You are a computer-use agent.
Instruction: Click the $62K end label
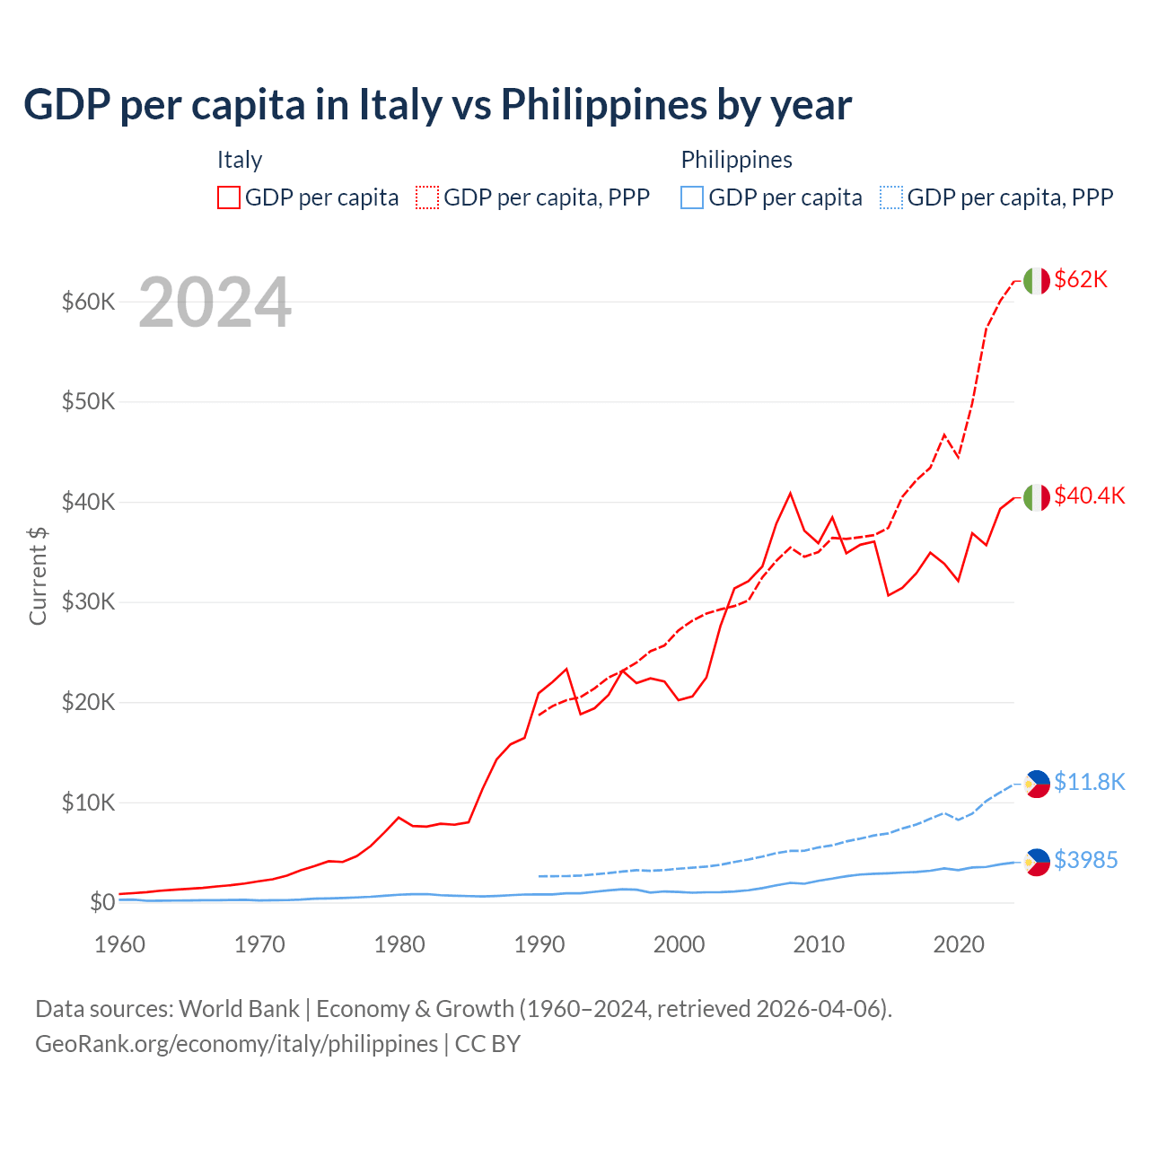[x=1081, y=280]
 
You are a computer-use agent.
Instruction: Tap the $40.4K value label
[x=1089, y=496]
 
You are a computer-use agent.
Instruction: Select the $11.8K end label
[x=1089, y=783]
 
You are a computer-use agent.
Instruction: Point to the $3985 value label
[x=1085, y=861]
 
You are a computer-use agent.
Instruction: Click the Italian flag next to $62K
[x=1036, y=281]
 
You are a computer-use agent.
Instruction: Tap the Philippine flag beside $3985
[x=1037, y=862]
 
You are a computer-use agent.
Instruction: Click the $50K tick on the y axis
[x=88, y=402]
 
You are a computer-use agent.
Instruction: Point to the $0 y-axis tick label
[x=102, y=903]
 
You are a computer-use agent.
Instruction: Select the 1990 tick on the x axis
[x=539, y=945]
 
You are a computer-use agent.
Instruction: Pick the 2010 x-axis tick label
[x=819, y=945]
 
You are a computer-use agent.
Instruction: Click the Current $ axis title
[x=38, y=575]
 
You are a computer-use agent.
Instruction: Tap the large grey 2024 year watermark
[x=215, y=303]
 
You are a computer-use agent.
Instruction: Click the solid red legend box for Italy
[x=229, y=197]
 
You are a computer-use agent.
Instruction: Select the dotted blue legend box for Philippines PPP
[x=891, y=197]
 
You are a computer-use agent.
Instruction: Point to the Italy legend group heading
[x=239, y=161]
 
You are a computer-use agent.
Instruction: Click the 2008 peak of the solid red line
[x=790, y=493]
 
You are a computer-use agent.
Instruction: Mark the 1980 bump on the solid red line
[x=399, y=818]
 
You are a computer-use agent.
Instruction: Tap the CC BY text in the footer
[x=487, y=1044]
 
